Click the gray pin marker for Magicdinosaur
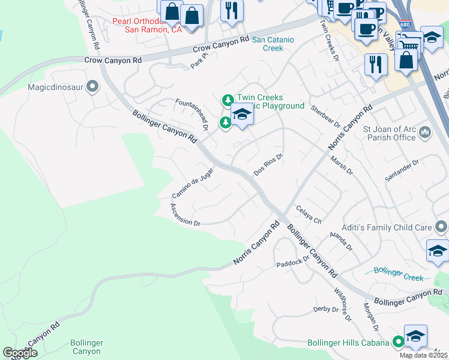92,88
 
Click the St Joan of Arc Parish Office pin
424,131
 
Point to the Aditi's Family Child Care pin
441,227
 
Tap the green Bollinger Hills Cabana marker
398,342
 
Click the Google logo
20,353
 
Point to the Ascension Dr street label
185,214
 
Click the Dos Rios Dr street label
268,163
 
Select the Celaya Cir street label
309,213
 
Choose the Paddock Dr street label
292,262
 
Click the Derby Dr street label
326,310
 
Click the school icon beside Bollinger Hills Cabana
415,336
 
